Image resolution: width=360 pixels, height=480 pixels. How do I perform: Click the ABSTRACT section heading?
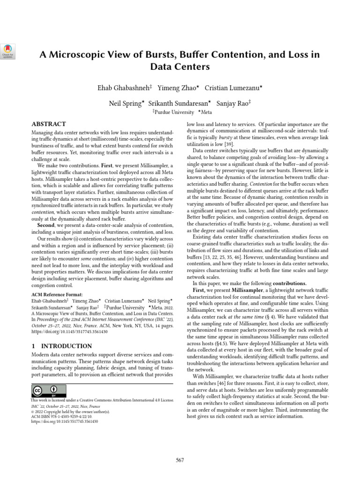pyautogui.click(x=49, y=124)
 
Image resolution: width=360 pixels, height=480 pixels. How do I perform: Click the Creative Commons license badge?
pyautogui.click(x=48, y=390)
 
